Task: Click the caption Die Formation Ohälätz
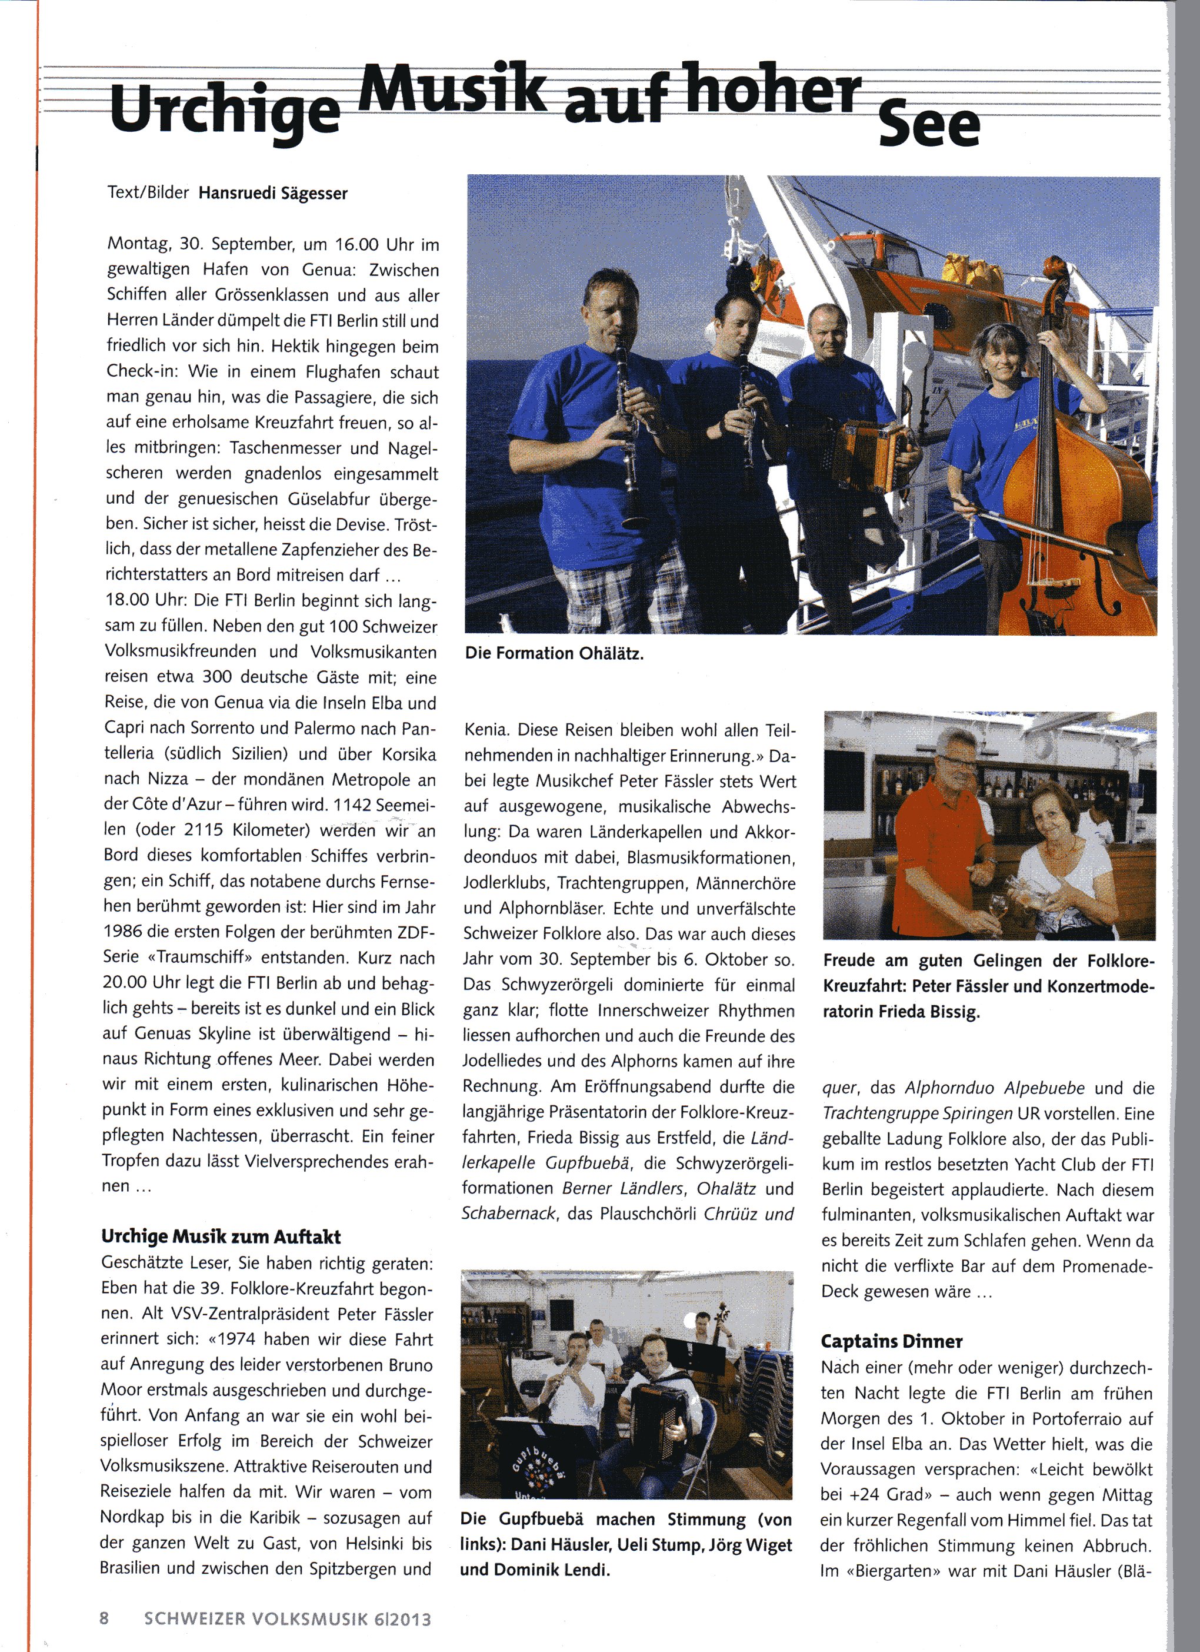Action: coord(554,653)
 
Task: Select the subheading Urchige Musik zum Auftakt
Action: coord(221,1236)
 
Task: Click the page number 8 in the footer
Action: coord(104,1618)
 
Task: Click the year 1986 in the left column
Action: coord(123,932)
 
